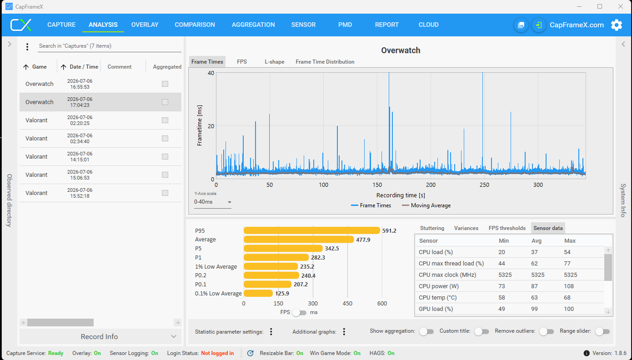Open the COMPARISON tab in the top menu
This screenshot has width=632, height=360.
(195, 25)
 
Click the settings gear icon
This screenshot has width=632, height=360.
(617, 25)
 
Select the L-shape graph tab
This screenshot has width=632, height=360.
(274, 62)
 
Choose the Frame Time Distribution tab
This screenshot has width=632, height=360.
(325, 62)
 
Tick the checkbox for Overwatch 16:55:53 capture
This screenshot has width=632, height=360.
(165, 84)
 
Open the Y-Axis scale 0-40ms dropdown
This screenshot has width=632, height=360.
(212, 202)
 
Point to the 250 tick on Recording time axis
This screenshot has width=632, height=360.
(484, 185)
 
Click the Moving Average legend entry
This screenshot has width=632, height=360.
(426, 205)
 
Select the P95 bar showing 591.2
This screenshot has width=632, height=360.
(312, 230)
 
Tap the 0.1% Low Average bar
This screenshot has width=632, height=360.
(258, 294)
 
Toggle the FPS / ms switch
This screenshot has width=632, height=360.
(299, 312)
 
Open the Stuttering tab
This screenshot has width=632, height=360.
(432, 228)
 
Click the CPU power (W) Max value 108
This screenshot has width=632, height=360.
(569, 286)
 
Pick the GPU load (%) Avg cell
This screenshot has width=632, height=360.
(534, 309)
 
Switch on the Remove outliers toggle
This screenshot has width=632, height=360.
(547, 331)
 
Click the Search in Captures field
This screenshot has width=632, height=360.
(110, 46)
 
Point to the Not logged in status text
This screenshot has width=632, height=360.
(217, 353)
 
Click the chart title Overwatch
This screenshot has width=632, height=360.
(401, 50)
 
